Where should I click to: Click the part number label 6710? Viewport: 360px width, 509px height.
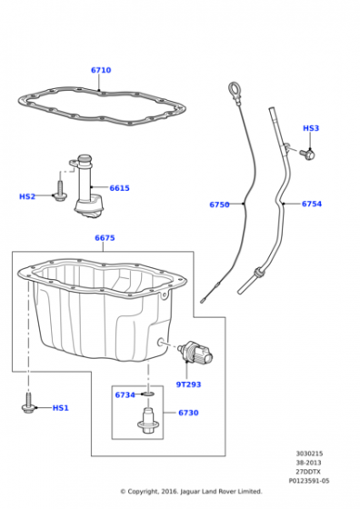101,70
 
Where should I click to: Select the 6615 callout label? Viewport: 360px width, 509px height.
119,188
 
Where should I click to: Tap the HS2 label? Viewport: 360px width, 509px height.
27,196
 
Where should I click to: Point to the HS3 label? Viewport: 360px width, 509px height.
311,128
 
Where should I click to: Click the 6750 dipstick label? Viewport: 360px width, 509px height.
219,205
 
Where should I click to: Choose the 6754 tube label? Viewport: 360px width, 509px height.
312,204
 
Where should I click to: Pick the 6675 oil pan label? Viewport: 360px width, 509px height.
105,238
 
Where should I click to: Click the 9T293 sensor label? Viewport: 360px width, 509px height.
188,384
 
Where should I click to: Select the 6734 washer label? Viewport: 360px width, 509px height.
125,395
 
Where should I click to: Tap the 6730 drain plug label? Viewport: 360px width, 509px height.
188,413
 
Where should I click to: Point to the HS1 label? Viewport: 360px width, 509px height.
61,408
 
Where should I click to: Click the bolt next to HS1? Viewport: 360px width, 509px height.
28,404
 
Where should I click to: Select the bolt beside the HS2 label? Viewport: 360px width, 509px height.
60,192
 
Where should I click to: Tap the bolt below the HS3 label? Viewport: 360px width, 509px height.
307,154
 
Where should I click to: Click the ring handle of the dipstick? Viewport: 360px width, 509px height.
234,88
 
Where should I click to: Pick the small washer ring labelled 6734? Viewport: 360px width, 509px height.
148,394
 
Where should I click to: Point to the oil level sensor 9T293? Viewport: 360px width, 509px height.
197,352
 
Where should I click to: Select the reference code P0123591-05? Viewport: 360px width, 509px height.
309,481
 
